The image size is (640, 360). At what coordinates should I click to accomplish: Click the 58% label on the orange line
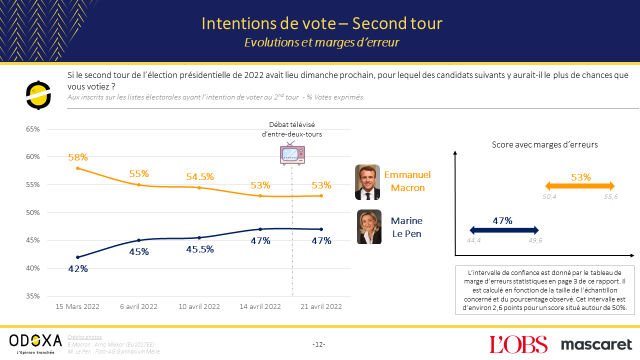[78, 157]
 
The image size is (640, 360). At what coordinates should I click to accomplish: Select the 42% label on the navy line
[78, 268]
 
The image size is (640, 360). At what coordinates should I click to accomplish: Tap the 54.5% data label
[199, 176]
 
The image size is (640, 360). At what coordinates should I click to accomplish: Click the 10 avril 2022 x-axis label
[199, 306]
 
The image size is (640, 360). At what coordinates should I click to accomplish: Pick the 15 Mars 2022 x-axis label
[78, 306]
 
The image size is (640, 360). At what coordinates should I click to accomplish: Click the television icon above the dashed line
[292, 153]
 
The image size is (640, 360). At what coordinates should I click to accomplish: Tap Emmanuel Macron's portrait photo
[367, 182]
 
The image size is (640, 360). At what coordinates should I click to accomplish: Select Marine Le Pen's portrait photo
[369, 227]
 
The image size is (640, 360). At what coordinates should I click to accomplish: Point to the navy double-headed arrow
[504, 230]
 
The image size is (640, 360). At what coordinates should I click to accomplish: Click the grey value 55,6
[610, 197]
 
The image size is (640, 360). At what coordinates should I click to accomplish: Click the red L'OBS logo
[518, 344]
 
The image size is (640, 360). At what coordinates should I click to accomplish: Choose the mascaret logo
[596, 344]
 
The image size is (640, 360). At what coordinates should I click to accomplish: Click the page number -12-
[319, 344]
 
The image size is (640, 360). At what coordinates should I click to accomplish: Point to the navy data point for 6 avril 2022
[138, 240]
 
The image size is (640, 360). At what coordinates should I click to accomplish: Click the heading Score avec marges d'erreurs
[545, 144]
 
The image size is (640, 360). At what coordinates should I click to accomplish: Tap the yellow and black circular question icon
[39, 94]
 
